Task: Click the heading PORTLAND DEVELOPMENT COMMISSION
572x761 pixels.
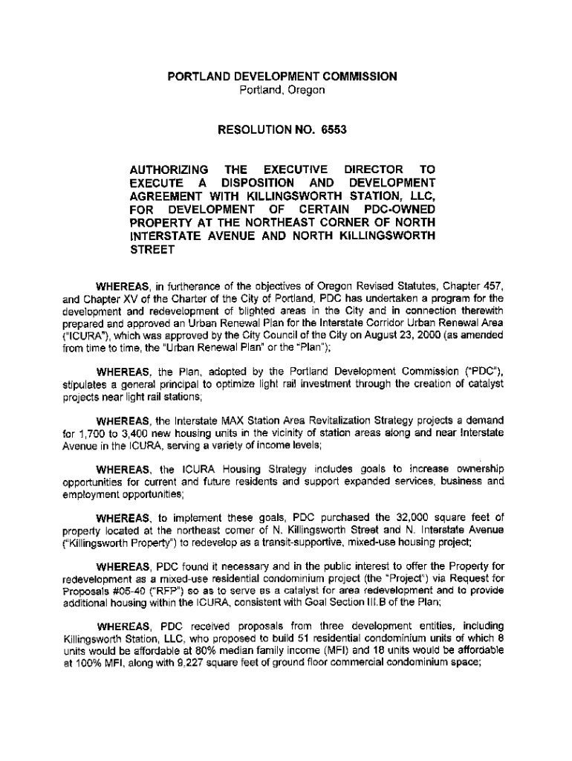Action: (282, 77)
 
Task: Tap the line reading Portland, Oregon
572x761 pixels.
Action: (282, 90)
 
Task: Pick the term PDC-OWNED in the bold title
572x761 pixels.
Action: (400, 210)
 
